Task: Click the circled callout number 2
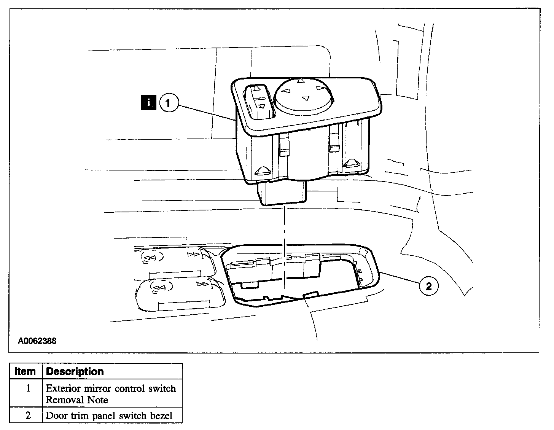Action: coord(428,286)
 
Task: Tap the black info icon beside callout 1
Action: coord(148,103)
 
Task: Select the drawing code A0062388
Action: coord(37,341)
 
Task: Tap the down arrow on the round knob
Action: coord(305,99)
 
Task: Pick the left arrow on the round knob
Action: coord(286,91)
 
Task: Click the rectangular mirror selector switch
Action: coord(258,100)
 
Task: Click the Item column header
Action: coord(25,371)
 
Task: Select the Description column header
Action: coord(75,371)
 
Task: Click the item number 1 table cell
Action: coord(27,389)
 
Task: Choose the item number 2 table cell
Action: coord(27,415)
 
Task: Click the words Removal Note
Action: coord(77,400)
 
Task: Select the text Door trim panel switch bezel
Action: coord(109,416)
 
